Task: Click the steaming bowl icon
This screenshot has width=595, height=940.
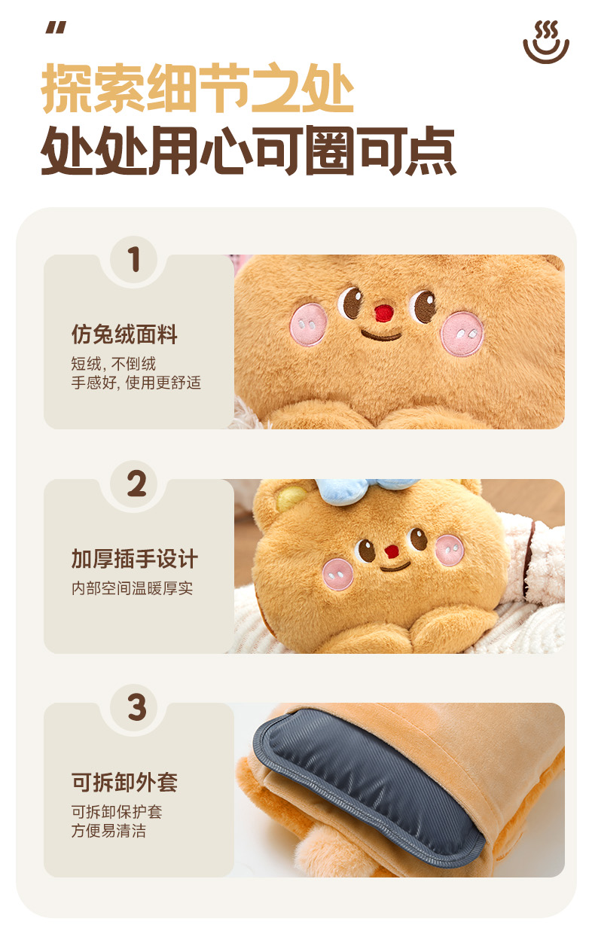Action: pyautogui.click(x=546, y=42)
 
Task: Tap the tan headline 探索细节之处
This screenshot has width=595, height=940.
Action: pyautogui.click(x=197, y=88)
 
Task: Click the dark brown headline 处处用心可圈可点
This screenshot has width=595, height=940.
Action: pyautogui.click(x=248, y=150)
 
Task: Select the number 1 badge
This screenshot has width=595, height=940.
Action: pyautogui.click(x=134, y=259)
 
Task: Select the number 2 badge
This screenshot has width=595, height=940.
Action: pyautogui.click(x=134, y=484)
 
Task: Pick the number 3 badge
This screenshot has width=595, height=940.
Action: pyautogui.click(x=134, y=707)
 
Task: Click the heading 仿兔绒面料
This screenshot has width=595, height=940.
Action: pyautogui.click(x=124, y=334)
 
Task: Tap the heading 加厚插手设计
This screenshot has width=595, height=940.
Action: pyautogui.click(x=134, y=559)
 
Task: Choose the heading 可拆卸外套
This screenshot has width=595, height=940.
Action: pyautogui.click(x=124, y=783)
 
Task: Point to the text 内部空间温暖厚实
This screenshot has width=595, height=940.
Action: pyautogui.click(x=132, y=588)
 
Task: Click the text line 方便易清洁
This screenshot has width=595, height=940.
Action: pyautogui.click(x=108, y=831)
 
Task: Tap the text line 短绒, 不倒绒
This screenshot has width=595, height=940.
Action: pyautogui.click(x=113, y=364)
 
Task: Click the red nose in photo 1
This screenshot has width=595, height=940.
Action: pyautogui.click(x=384, y=313)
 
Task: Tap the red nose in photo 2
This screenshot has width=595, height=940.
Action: pyautogui.click(x=392, y=551)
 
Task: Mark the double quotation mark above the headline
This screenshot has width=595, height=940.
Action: pyautogui.click(x=56, y=28)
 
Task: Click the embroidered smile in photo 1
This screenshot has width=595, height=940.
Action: pyautogui.click(x=381, y=335)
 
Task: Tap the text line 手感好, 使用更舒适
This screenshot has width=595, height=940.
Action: pyautogui.click(x=136, y=383)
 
